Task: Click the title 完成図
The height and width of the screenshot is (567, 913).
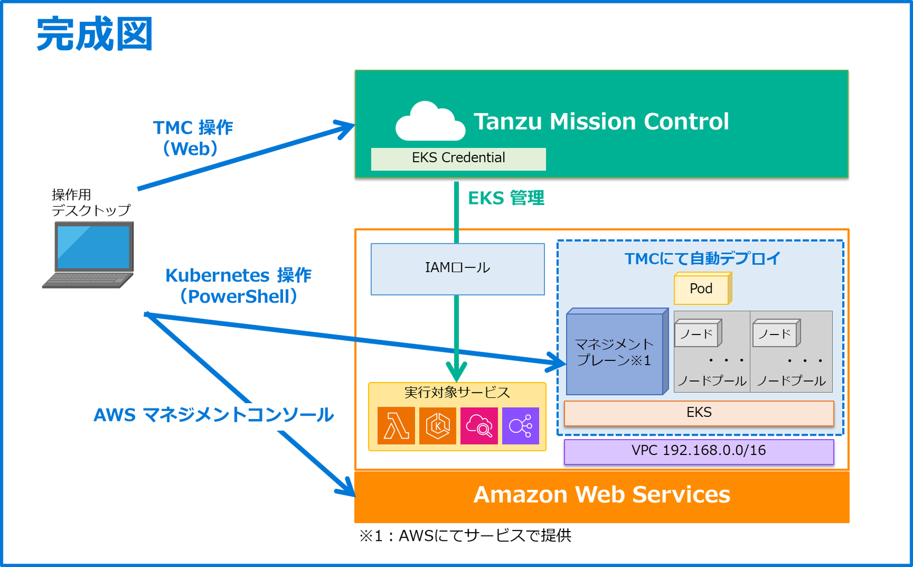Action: click(95, 34)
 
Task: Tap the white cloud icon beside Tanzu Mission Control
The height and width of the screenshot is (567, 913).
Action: click(430, 122)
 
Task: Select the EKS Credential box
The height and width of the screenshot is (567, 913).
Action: click(458, 158)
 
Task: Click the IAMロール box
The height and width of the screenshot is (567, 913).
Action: click(458, 268)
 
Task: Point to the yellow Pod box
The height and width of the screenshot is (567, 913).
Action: click(701, 289)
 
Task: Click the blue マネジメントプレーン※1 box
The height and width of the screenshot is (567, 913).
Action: click(615, 353)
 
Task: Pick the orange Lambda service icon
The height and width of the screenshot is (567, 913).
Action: click(396, 426)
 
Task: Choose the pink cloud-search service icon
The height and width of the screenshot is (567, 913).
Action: click(479, 426)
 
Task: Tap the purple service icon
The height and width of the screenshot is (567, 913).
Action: click(520, 426)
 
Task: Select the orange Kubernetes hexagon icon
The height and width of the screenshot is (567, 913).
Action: click(438, 426)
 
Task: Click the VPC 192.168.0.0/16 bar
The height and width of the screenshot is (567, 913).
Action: click(698, 451)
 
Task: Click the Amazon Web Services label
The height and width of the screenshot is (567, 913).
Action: click(601, 495)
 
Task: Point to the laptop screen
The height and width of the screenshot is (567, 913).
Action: click(94, 247)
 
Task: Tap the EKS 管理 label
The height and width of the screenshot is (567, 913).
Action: click(506, 198)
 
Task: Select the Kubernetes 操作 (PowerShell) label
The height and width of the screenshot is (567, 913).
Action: click(239, 285)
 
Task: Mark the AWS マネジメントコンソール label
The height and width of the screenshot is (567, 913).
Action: click(213, 415)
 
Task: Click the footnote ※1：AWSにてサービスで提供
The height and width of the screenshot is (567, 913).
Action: click(465, 536)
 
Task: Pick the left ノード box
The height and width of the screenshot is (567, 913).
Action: click(697, 333)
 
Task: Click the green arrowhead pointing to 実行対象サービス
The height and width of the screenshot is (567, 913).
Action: click(457, 372)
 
